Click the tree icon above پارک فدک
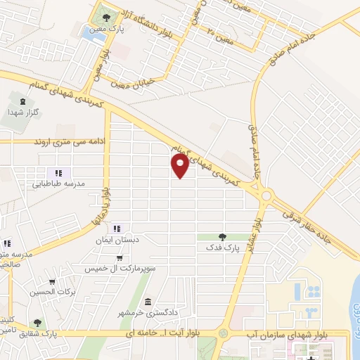(x=222, y=237)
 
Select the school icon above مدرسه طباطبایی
(x=59, y=173)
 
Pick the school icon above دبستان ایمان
(x=117, y=228)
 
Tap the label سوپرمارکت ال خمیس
(x=117, y=269)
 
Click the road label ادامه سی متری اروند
(x=65, y=141)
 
